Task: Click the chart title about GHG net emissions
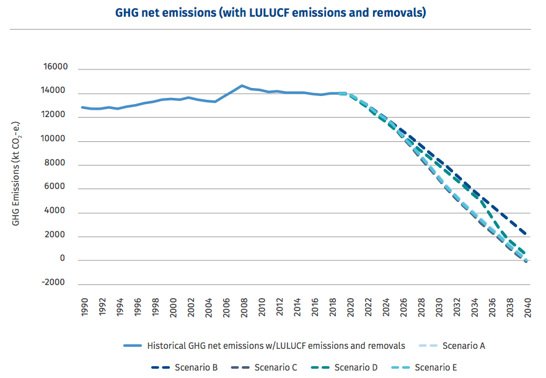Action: tap(270, 12)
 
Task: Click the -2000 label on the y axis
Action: tap(53, 282)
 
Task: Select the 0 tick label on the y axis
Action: tap(62, 258)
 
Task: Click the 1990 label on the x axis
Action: tap(85, 307)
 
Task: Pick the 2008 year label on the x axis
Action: tap(244, 307)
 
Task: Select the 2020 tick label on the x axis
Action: tap(350, 307)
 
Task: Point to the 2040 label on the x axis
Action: tap(527, 307)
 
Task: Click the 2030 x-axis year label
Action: tap(439, 307)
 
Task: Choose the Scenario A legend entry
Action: tap(464, 345)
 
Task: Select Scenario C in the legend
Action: tap(275, 367)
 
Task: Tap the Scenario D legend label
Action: tap(356, 367)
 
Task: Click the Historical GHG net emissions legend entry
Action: tap(276, 345)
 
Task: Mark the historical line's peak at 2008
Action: tap(242, 86)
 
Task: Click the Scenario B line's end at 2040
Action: tap(526, 234)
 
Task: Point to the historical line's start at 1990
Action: tap(82, 107)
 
